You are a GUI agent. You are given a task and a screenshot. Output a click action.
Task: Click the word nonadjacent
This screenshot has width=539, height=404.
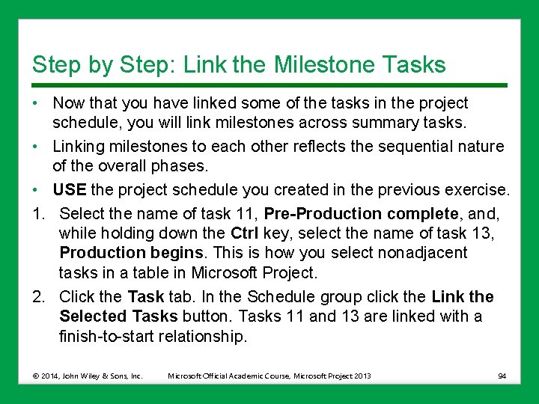(423, 253)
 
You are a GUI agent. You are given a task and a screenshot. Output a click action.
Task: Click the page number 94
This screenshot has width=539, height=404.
(502, 376)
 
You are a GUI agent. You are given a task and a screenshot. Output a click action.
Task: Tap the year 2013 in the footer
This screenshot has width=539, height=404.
(362, 376)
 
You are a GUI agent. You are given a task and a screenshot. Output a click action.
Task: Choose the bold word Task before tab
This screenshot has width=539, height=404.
(146, 297)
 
